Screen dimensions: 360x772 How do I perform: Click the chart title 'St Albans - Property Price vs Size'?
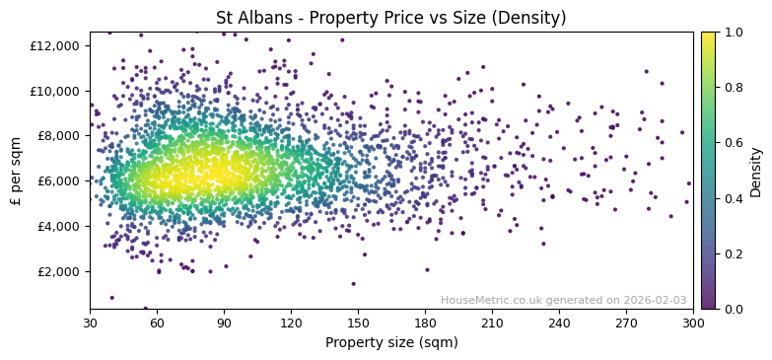click(x=391, y=18)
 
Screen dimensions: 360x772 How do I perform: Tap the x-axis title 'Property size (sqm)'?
click(x=391, y=342)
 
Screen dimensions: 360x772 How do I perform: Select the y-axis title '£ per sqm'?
click(x=17, y=171)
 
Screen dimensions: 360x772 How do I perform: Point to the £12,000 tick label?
click(x=55, y=45)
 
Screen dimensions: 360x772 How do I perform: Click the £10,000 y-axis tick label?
click(x=55, y=91)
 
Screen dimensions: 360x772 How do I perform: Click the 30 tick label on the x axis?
click(x=90, y=323)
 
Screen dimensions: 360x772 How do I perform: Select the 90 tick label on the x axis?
click(x=224, y=323)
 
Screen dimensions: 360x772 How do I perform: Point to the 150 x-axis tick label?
click(x=358, y=323)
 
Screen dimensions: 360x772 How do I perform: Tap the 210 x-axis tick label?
click(x=492, y=323)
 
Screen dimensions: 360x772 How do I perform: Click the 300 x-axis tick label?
click(x=693, y=323)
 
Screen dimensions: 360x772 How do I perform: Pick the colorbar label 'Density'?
click(x=756, y=171)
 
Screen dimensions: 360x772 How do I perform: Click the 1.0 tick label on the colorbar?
click(x=734, y=33)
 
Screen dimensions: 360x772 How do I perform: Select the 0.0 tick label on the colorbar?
click(x=734, y=309)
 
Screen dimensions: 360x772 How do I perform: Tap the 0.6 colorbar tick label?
click(x=734, y=143)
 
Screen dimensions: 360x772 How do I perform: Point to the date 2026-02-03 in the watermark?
click(x=655, y=300)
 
